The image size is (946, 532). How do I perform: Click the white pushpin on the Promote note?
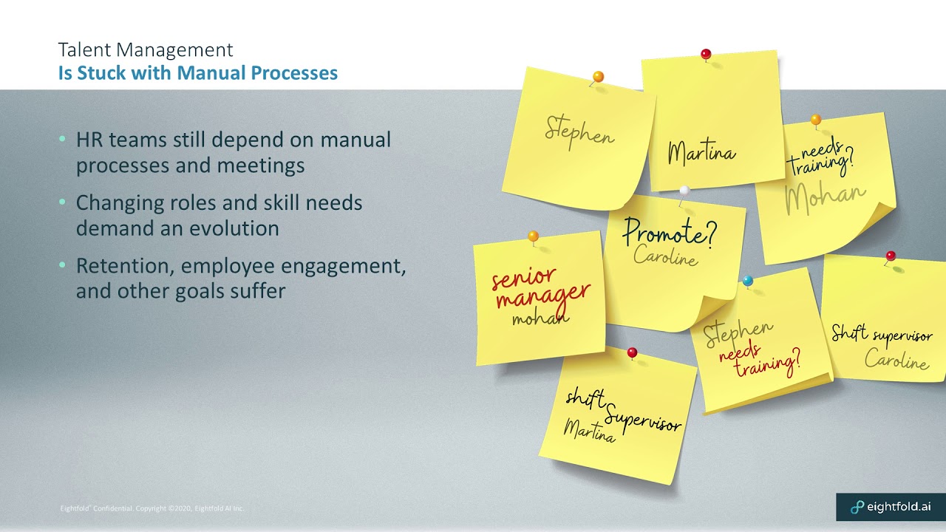684,191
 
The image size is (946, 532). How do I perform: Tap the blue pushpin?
747,280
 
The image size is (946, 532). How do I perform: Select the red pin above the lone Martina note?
706,55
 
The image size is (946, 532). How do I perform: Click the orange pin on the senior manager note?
534,236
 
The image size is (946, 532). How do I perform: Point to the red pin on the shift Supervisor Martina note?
632,352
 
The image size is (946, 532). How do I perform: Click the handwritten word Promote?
670,232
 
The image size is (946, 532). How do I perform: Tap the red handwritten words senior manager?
540,289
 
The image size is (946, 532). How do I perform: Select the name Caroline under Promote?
666,256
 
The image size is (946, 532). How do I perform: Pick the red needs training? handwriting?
759,361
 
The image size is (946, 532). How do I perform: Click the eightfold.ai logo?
891,507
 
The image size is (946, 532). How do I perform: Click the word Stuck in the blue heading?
102,72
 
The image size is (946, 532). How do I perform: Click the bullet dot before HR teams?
63,138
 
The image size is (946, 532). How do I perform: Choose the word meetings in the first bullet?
261,166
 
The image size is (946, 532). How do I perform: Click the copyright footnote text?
152,508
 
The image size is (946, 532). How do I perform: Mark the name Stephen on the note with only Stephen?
579,132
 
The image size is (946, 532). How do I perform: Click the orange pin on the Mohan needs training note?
816,120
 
